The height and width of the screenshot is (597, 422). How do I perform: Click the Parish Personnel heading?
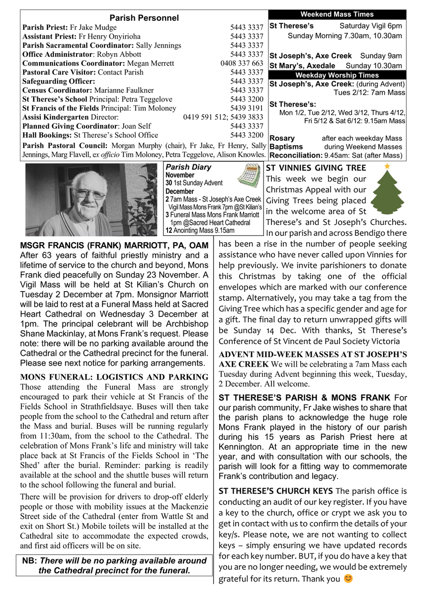(144, 18)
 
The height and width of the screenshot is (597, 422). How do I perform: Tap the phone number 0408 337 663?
(242, 63)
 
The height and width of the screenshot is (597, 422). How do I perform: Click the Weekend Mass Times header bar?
(337, 14)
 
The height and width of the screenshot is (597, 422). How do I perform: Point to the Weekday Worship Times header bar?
(337, 75)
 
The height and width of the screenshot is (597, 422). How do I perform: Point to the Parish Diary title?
(188, 167)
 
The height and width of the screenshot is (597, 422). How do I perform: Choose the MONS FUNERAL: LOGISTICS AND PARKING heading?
(114, 377)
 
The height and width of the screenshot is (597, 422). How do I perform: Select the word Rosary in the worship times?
(282, 138)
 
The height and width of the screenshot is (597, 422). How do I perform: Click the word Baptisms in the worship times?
(286, 147)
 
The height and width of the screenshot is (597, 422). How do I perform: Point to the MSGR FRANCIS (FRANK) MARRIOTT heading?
(114, 246)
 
